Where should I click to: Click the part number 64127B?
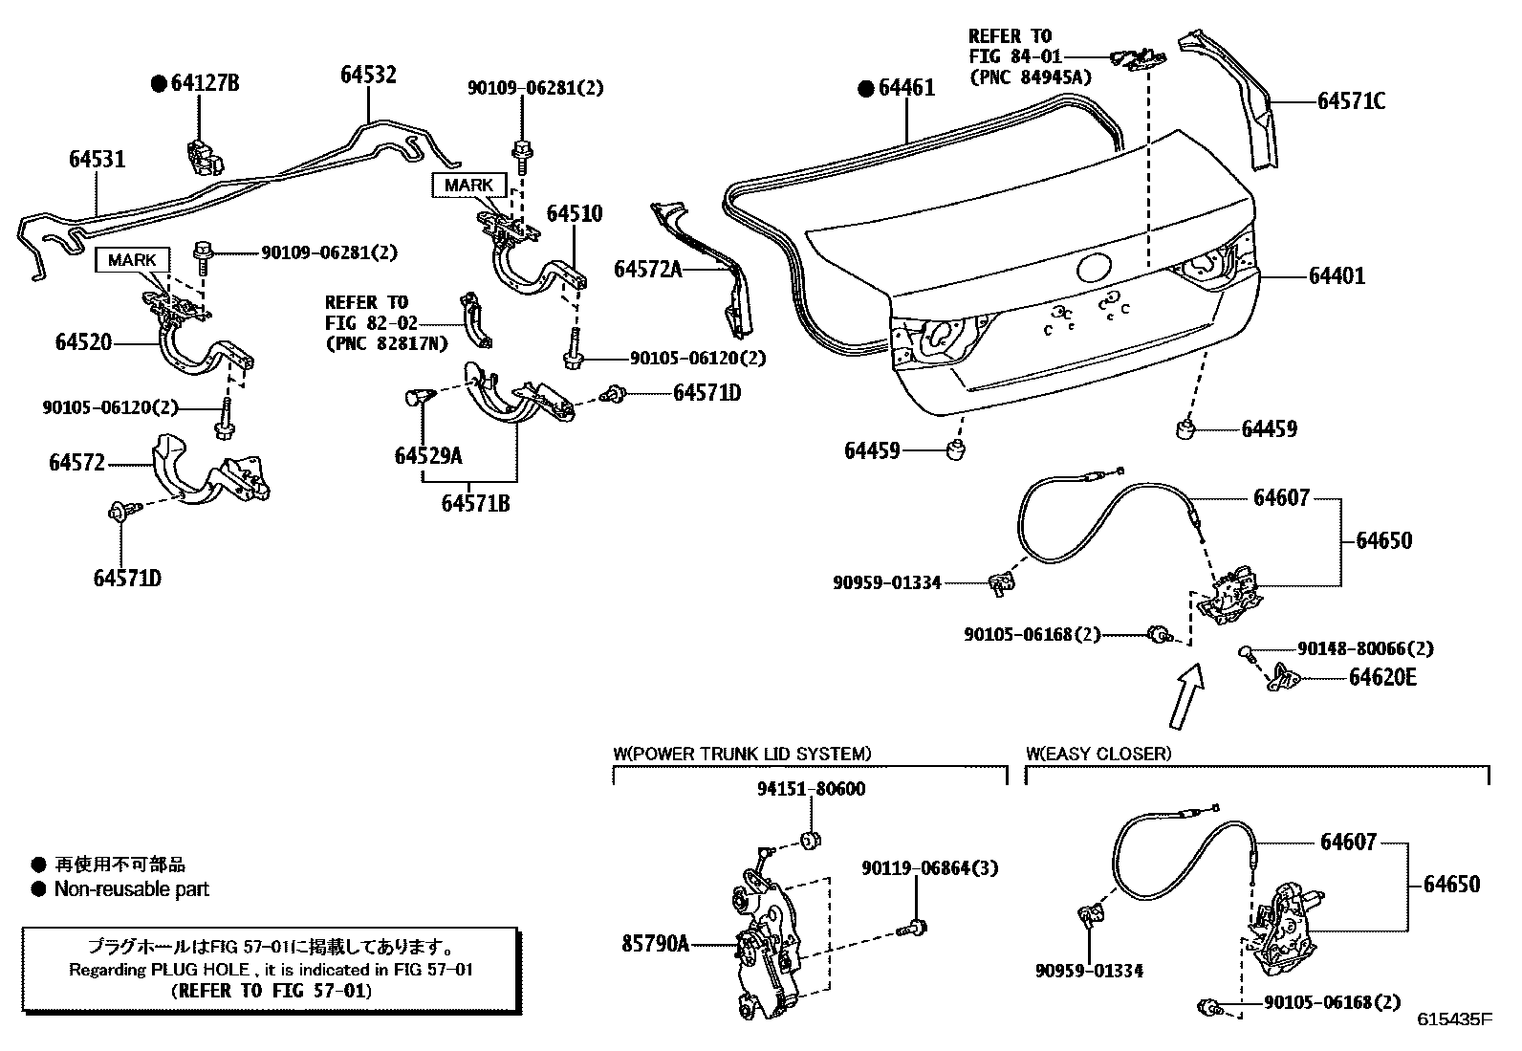205,83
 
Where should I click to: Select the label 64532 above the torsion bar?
368,75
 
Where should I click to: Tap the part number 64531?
97,159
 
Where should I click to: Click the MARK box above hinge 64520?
132,260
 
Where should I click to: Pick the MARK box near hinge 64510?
468,185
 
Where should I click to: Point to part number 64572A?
647,271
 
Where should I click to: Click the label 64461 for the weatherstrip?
905,88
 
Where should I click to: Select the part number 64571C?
1350,100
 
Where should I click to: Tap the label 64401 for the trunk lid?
1337,276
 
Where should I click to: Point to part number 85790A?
655,945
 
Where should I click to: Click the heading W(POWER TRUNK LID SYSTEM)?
742,754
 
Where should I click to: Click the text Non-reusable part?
131,889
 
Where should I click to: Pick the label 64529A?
427,456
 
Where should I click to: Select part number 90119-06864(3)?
916,868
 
